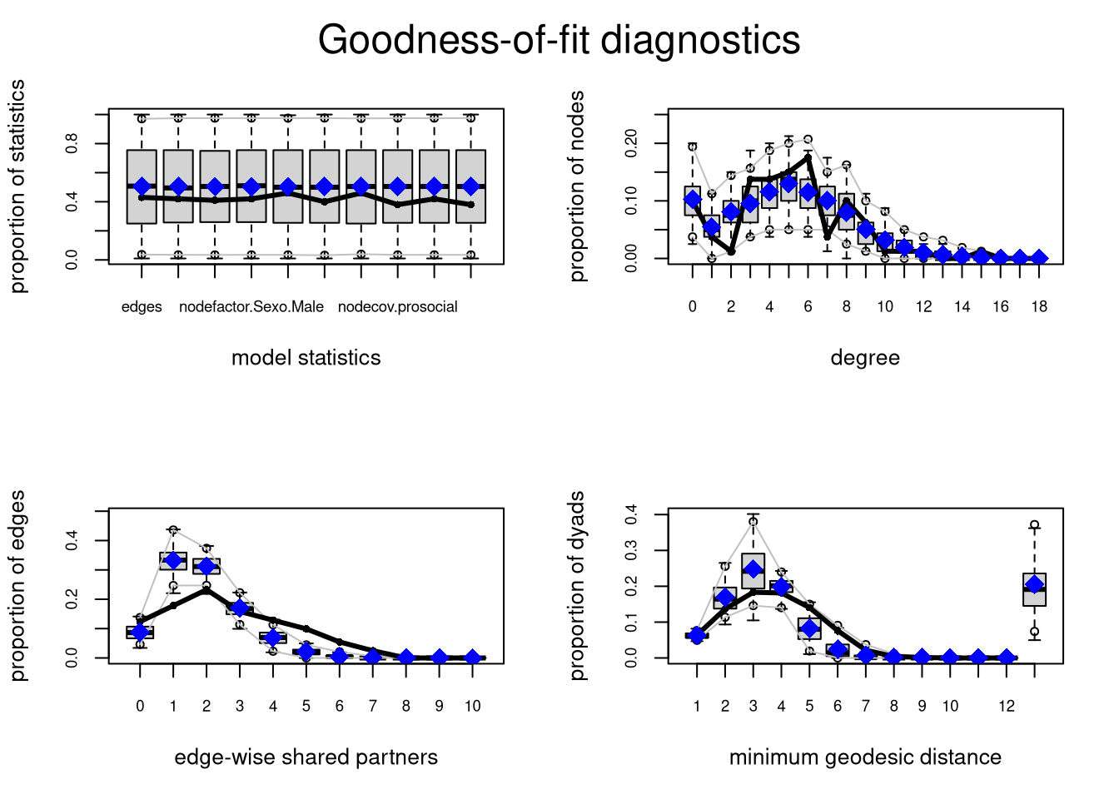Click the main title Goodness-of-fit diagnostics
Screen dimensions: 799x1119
559,40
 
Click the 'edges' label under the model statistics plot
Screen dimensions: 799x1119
142,307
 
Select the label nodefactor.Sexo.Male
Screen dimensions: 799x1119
251,307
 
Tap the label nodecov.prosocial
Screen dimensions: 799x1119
398,307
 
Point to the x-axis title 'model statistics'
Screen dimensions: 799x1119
306,358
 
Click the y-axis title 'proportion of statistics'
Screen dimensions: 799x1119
18,186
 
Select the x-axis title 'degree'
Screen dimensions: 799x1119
865,358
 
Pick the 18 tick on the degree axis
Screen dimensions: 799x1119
1038,307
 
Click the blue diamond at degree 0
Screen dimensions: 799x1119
693,200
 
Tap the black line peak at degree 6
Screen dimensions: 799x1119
808,156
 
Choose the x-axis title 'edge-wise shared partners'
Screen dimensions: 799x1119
306,757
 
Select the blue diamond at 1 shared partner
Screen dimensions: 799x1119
173,561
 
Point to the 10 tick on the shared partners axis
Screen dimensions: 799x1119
472,707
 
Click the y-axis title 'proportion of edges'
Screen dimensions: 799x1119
18,586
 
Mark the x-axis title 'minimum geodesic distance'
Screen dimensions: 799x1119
865,757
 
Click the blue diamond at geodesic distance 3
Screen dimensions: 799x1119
753,569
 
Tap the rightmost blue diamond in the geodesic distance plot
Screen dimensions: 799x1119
1034,584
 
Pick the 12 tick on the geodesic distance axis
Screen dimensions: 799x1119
1007,707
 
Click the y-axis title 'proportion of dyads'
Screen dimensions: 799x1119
578,586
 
